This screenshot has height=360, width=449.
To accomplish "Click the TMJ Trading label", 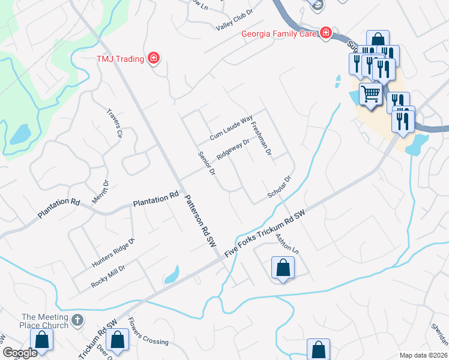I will point(120,58).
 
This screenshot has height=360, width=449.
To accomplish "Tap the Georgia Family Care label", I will point(279,34).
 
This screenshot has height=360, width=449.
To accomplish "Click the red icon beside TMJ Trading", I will point(154,58).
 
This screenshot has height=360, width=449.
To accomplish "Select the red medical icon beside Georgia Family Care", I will point(325,32).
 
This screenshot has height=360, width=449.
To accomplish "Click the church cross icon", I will point(77,320).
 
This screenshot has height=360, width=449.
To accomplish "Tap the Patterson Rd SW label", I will point(199,221).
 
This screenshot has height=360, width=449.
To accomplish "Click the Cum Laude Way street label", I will point(231,128).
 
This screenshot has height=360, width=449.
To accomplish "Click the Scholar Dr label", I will point(279,188).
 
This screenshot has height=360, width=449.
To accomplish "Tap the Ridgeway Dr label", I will point(233,149).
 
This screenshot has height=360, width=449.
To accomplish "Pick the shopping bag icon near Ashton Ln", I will point(283,268).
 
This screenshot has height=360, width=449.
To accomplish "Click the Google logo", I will point(20,353).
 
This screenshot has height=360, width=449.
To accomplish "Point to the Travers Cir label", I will point(114,124).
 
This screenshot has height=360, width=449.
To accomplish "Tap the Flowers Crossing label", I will point(148,334).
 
